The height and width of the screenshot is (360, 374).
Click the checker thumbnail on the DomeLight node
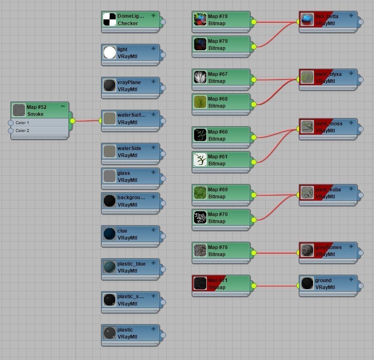click(x=110, y=19)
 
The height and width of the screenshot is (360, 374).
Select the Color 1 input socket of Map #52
click(x=11, y=123)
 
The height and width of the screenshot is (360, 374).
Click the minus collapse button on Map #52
click(x=63, y=106)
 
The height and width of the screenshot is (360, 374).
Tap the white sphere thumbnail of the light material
click(x=110, y=52)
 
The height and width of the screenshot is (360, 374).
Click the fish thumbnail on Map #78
click(x=200, y=19)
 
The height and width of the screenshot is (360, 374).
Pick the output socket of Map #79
click(x=253, y=47)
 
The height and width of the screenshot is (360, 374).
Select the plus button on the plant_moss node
click(x=351, y=123)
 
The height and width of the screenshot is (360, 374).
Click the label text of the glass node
click(x=124, y=173)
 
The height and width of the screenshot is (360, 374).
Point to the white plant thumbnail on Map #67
click(x=200, y=77)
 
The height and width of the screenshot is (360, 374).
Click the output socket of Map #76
click(x=253, y=253)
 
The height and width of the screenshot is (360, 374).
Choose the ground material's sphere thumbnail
click(x=307, y=283)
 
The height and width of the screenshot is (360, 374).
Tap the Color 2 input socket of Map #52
click(x=11, y=131)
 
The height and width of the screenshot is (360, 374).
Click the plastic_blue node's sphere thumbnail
click(x=110, y=267)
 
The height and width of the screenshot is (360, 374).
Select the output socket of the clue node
click(x=163, y=236)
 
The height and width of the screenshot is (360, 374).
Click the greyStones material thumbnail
click(x=307, y=250)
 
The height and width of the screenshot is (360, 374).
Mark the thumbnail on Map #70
click(x=200, y=217)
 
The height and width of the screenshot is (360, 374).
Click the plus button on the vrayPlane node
click(x=153, y=82)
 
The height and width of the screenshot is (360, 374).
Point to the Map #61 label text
click(x=217, y=157)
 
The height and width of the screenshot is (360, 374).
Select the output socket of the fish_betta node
click(x=361, y=22)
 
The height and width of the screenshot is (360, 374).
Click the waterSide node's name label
click(x=129, y=148)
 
